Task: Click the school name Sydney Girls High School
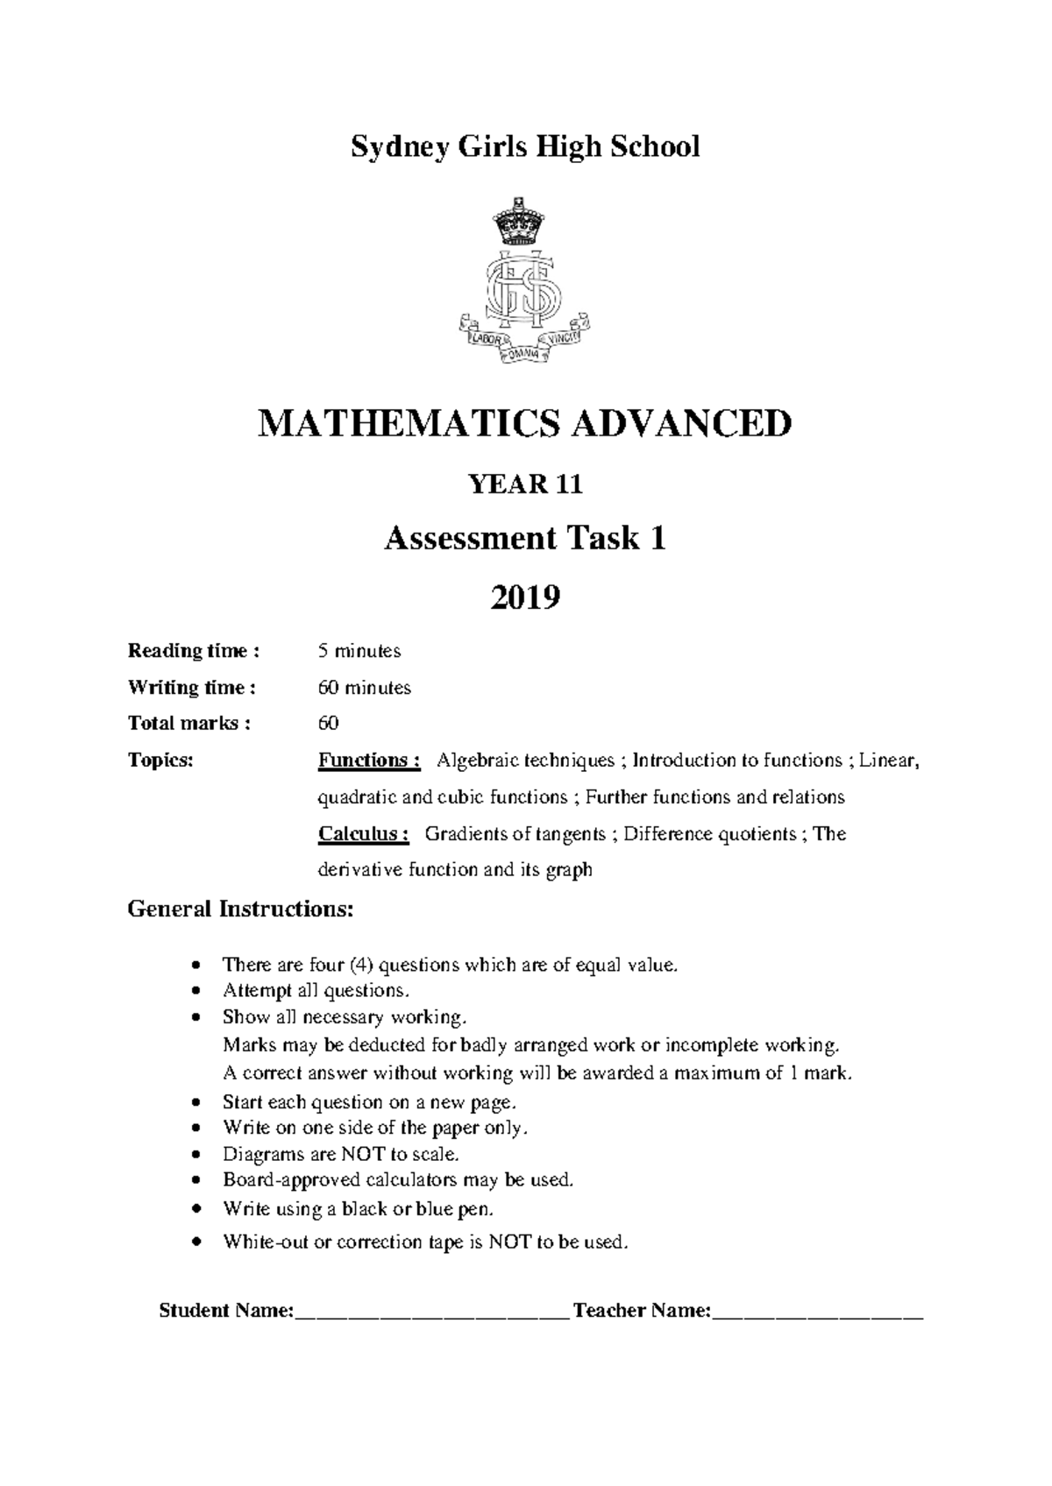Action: [525, 146]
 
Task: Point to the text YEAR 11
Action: [525, 485]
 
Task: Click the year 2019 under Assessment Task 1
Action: [525, 598]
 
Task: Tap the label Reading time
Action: [193, 651]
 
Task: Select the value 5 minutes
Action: [359, 651]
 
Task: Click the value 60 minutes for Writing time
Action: [364, 688]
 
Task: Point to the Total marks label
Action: [188, 724]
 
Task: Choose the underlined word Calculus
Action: [363, 833]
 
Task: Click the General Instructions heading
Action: [241, 909]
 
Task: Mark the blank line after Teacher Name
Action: [819, 1312]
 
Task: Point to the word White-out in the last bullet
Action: [264, 1242]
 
